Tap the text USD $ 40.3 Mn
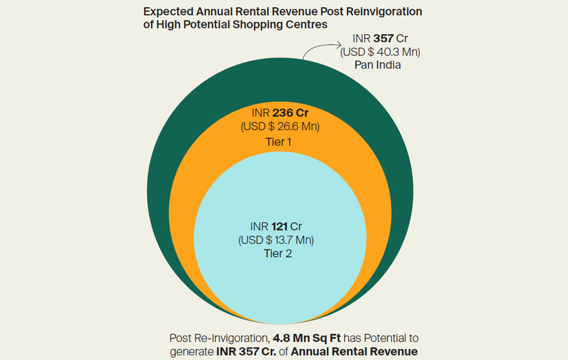click(380, 52)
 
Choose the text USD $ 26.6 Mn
click(280, 126)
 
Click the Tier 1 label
click(278, 142)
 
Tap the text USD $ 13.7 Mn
click(276, 240)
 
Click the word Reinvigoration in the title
click(385, 12)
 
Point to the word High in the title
click(170, 25)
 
